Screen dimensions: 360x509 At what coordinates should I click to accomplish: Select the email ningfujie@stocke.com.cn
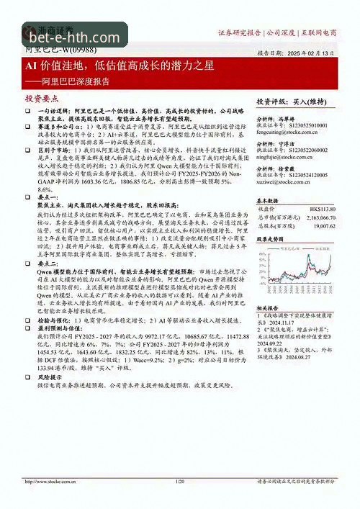(287, 156)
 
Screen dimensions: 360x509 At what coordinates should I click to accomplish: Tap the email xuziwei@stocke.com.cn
(285, 180)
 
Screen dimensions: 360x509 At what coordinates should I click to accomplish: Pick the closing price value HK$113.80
(320, 209)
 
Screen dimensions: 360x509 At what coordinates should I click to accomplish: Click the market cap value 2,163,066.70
(316, 217)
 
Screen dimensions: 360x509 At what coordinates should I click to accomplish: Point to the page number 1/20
(180, 482)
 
